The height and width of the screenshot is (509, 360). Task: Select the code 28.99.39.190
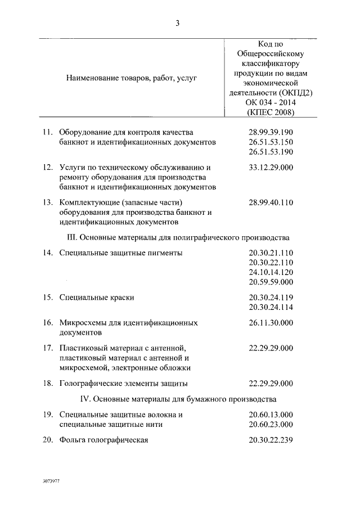pos(271,132)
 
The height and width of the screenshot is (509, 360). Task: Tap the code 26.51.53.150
pos(271,142)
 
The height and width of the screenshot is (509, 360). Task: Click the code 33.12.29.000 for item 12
pos(271,167)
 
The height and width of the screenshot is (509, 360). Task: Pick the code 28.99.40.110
pos(271,202)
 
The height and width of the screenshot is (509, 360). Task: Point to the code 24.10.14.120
pos(271,272)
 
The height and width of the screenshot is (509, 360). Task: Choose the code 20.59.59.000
pos(271,282)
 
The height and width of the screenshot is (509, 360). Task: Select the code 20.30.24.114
pos(271,307)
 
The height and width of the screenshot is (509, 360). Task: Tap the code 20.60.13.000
pos(271,415)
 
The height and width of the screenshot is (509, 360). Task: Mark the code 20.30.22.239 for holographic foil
pos(271,440)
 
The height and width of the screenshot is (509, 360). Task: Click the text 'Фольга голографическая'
pos(103,440)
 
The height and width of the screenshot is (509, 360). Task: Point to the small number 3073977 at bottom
pos(51,483)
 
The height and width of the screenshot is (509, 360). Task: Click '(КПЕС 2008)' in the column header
pos(271,112)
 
